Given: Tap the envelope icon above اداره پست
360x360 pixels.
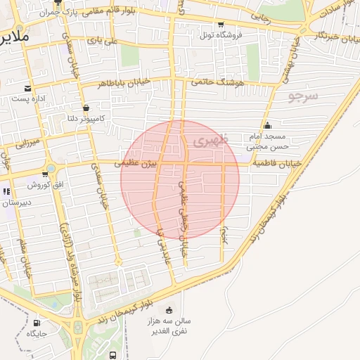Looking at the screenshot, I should click(27, 88).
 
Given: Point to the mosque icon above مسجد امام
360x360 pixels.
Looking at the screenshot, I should click(267, 126).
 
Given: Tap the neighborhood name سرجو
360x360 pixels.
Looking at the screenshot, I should click(303, 95).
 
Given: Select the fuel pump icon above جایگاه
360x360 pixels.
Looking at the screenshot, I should click(36, 323).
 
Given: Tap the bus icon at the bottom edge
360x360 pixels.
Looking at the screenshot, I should click(113, 356).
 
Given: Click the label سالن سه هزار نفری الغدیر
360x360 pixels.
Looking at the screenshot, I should click(187, 326).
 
